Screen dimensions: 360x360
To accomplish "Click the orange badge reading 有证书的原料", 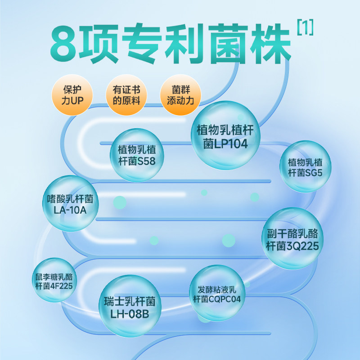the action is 126,94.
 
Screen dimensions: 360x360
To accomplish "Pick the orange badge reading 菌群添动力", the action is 180,94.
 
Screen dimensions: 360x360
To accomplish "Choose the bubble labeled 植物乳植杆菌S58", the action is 137,154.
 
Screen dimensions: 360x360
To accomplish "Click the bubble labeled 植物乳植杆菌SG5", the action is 305,166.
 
